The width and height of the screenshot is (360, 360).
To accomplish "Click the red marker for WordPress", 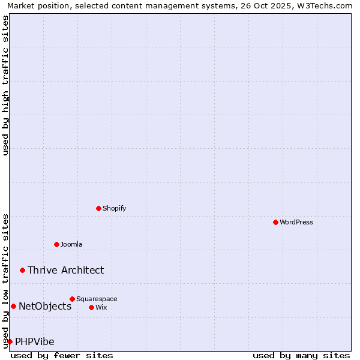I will click(275, 222).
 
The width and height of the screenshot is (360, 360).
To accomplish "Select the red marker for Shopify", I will click(99, 208).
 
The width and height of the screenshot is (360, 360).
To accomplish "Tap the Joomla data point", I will click(57, 244).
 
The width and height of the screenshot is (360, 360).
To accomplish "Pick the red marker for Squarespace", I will click(73, 299).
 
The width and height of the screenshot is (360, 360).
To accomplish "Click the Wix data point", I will click(92, 307).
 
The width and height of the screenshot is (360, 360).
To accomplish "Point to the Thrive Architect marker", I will click(23, 270).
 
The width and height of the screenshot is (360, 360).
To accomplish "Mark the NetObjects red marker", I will click(13, 306).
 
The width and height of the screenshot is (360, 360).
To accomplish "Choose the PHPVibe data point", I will click(10, 341).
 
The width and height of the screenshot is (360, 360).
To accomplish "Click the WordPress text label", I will click(296, 222).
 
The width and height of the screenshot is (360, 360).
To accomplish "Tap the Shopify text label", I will click(114, 208).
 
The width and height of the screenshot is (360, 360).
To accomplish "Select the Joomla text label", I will click(71, 244).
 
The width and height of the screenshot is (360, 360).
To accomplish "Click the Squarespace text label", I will click(97, 299).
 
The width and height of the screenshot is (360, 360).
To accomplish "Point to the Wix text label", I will click(101, 307).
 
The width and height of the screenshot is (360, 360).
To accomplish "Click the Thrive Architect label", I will click(65, 270).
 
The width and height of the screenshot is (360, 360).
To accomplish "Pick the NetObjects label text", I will click(45, 306).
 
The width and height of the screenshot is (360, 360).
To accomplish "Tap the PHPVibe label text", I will click(35, 341).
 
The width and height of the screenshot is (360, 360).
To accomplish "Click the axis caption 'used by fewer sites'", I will click(62, 355).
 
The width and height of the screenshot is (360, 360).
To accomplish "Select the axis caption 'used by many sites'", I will click(301, 355).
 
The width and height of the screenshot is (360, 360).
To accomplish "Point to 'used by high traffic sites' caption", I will click(6, 85).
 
